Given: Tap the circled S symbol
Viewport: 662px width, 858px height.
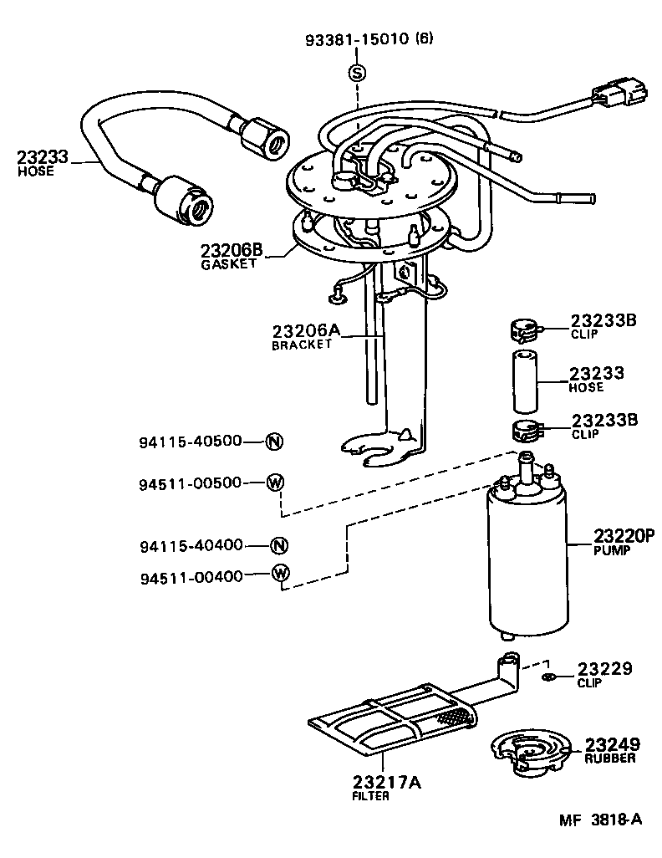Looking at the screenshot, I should point(357,73).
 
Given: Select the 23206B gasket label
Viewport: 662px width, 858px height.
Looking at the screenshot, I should point(232,251).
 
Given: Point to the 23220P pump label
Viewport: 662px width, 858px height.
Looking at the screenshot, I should point(623,537).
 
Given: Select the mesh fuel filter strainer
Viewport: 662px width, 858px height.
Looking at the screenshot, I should point(393,723).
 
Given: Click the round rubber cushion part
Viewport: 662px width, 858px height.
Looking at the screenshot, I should point(529,751).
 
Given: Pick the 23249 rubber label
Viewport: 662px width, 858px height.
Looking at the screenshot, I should point(612,744).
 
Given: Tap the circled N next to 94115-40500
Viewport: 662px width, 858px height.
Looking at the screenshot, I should point(273,442).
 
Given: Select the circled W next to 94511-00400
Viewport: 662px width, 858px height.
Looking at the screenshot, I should point(281,574).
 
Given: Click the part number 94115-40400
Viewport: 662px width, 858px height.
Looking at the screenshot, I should point(191,545).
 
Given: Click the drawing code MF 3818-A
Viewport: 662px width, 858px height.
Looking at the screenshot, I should point(600,820).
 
